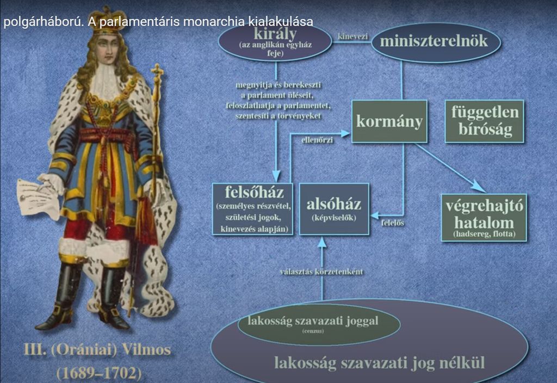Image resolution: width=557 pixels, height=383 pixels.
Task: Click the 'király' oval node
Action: (275, 42)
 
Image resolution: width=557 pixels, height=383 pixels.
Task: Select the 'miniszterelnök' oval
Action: (436, 42)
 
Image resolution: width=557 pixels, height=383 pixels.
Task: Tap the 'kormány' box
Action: (389, 121)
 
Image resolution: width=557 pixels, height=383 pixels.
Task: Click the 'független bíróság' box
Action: (484, 121)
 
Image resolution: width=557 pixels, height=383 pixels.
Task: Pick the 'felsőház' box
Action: (252, 209)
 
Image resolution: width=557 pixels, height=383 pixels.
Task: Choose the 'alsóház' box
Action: (334, 209)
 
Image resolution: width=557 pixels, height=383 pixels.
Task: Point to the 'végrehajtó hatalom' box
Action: (484, 218)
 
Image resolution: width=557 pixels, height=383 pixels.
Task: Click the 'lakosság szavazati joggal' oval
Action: (319, 324)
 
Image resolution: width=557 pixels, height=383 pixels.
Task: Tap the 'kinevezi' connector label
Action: (352, 36)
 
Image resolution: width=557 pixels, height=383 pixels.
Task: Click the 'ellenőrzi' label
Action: (317, 140)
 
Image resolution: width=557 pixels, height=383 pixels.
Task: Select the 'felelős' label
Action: (393, 223)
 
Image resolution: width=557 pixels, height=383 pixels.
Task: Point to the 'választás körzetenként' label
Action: (321, 272)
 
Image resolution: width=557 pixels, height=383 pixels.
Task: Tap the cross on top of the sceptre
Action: (157, 72)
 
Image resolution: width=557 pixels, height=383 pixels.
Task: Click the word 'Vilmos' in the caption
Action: (146, 350)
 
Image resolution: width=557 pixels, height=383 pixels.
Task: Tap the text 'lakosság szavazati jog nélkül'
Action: (379, 363)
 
